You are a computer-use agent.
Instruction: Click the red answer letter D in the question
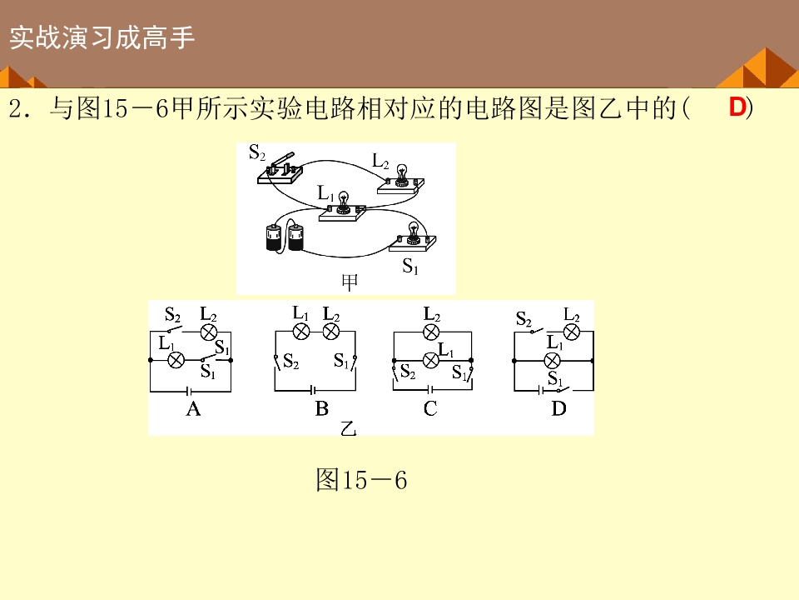(x=737, y=107)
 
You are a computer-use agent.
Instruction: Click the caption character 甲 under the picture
(x=350, y=282)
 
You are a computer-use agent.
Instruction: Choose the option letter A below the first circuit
(x=193, y=409)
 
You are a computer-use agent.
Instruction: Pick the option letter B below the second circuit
(x=322, y=409)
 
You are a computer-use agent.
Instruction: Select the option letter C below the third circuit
(x=430, y=409)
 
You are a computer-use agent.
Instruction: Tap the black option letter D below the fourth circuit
(x=558, y=409)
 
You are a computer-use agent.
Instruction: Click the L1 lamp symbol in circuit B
(x=301, y=332)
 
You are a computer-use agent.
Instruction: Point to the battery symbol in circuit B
(x=313, y=390)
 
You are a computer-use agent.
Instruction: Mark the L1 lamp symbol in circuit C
(x=431, y=360)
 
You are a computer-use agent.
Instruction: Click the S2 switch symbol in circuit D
(x=538, y=330)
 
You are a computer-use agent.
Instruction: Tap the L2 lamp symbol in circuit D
(x=571, y=331)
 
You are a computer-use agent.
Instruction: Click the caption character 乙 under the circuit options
(x=348, y=428)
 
